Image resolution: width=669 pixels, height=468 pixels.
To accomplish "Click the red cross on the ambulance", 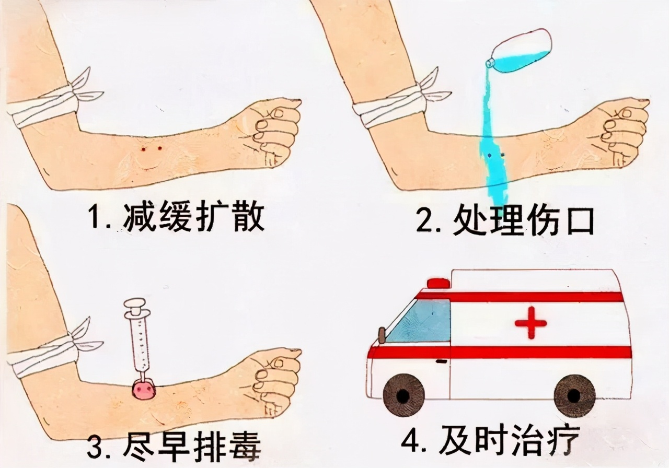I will click(x=530, y=323).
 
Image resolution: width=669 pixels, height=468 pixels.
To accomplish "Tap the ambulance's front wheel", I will click(x=403, y=395).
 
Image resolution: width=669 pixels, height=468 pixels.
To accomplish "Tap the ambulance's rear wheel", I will click(x=574, y=395).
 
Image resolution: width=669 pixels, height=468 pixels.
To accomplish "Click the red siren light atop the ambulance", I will click(x=438, y=284).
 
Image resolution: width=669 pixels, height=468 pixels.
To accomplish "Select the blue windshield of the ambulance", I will click(x=421, y=321).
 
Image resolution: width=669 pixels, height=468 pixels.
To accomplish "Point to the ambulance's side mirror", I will click(x=382, y=334).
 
